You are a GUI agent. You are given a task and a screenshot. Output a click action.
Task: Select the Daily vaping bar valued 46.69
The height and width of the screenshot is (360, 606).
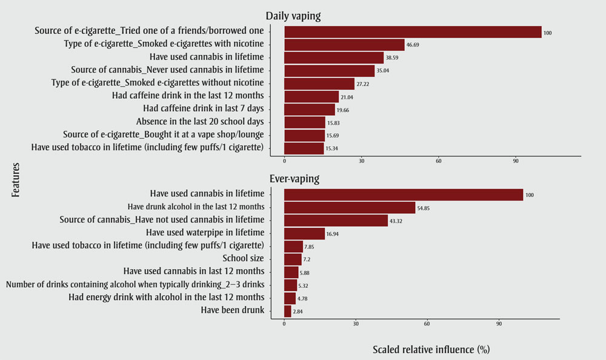(x=344, y=45)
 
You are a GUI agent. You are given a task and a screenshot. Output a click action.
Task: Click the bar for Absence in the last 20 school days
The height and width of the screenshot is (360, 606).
(x=305, y=122)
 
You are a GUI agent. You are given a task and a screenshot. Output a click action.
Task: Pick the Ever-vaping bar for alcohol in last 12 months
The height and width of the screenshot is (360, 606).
(x=350, y=207)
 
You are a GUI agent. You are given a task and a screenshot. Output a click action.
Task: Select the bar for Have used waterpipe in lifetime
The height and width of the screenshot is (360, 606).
(x=304, y=233)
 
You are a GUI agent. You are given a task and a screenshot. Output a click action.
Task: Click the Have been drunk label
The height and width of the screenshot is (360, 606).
(x=233, y=310)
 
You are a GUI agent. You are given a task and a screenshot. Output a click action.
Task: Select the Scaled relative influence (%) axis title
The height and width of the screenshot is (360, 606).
(x=431, y=350)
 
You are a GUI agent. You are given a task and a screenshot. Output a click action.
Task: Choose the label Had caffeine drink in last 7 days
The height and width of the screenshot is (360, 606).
(x=204, y=108)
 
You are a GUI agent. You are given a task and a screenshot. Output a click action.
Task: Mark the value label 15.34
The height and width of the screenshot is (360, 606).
(x=335, y=148)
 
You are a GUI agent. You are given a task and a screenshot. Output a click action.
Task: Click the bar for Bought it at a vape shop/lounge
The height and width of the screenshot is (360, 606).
(x=305, y=135)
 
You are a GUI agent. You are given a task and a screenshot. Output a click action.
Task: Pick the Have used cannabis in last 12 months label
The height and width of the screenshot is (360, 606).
(x=194, y=271)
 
